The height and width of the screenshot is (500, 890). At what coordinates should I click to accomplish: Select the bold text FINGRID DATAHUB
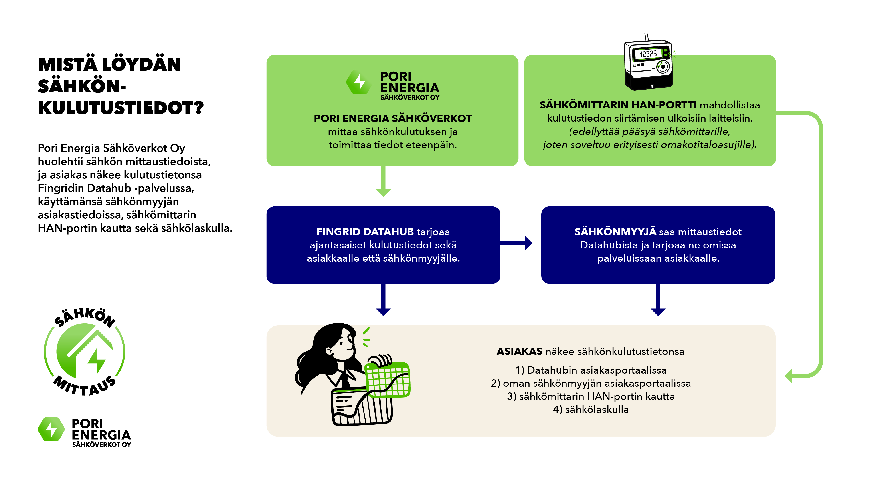(x=365, y=232)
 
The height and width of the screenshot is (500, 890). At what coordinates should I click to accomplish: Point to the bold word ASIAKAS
(x=519, y=351)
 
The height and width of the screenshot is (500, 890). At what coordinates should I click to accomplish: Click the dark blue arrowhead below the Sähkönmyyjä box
(x=658, y=312)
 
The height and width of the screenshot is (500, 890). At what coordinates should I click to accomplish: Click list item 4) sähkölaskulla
(x=591, y=410)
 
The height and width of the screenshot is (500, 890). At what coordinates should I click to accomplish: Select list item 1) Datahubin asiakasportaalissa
(x=591, y=370)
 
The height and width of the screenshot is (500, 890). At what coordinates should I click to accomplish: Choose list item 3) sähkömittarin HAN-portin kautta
(x=591, y=396)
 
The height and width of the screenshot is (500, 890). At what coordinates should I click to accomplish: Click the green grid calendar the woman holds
(x=388, y=380)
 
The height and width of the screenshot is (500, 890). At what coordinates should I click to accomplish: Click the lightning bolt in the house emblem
(x=96, y=361)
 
